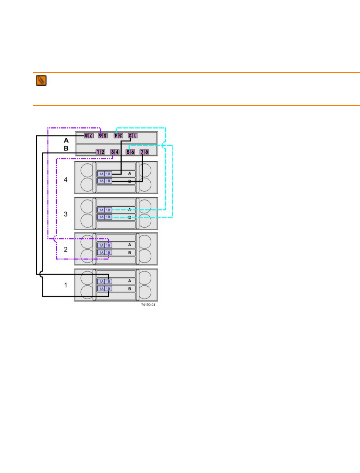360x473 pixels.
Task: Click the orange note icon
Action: point(41,81)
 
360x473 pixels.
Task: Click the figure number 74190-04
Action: point(148,305)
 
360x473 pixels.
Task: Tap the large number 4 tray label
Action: point(66,180)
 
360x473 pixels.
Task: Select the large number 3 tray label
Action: point(66,214)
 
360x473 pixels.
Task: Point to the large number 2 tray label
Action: point(66,250)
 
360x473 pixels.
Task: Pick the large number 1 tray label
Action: point(66,285)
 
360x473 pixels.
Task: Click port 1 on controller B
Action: point(98,152)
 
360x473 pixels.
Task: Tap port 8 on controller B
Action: point(147,152)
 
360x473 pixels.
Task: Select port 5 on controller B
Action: point(128,152)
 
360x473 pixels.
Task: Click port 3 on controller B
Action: point(112,152)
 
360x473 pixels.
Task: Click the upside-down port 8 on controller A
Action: point(86,136)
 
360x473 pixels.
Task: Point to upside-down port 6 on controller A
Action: point(100,136)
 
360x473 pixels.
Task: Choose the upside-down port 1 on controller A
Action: point(135,136)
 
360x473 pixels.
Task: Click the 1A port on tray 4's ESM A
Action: point(101,174)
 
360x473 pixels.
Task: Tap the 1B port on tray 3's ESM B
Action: point(108,217)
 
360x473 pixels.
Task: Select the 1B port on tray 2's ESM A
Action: point(108,246)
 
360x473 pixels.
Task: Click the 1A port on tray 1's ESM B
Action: point(101,289)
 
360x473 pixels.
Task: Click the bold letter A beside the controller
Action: point(66,140)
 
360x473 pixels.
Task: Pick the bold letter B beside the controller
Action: point(66,148)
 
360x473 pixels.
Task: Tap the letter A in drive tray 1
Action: point(130,281)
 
